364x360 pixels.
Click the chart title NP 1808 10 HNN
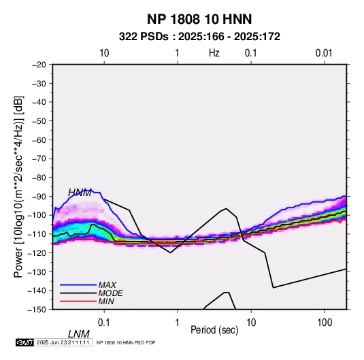click(199, 19)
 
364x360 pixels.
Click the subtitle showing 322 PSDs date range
click(199, 37)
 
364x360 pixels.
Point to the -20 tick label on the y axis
click(39, 65)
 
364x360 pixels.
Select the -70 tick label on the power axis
click(39, 159)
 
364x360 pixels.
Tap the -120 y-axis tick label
click(37, 252)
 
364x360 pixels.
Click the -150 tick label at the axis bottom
click(37, 310)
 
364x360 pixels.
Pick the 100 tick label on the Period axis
click(325, 323)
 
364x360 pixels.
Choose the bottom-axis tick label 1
click(178, 323)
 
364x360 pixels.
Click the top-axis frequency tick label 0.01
click(324, 53)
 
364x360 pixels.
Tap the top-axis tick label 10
click(104, 53)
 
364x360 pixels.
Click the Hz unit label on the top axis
click(214, 53)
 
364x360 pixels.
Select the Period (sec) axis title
click(214, 330)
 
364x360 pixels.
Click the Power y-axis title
click(18, 186)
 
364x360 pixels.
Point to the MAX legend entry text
click(107, 284)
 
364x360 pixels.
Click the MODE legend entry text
click(110, 293)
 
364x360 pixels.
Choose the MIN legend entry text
click(106, 301)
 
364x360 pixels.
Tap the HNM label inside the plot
click(80, 193)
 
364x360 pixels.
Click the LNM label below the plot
click(79, 334)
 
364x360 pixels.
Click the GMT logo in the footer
click(24, 342)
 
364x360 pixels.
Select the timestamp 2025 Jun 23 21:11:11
click(63, 342)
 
